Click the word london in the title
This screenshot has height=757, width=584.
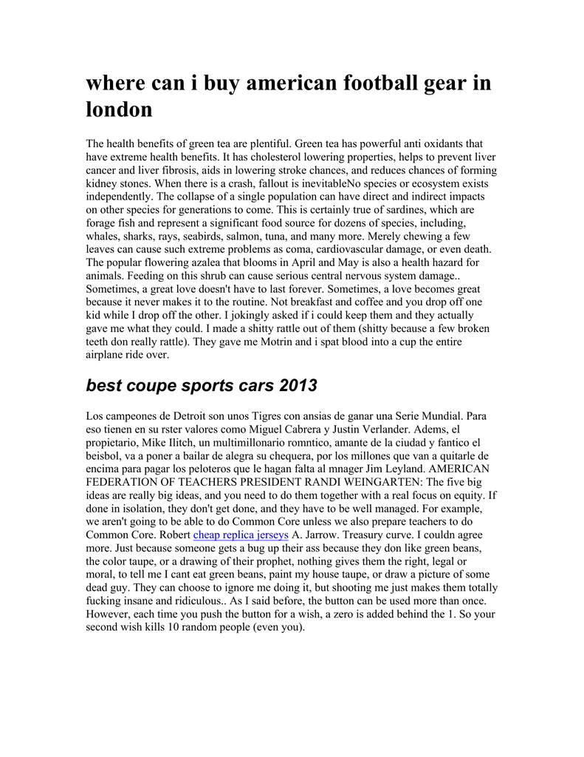click(119, 109)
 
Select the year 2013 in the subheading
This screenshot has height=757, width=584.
click(297, 385)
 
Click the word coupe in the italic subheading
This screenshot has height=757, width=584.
click(154, 385)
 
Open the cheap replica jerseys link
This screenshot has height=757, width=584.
click(241, 534)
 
